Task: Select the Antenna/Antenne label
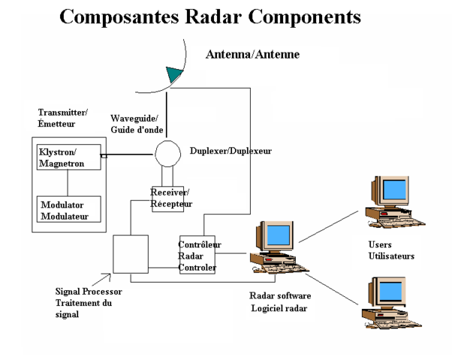pyautogui.click(x=252, y=55)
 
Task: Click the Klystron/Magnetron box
pyautogui.click(x=68, y=157)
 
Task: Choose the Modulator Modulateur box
pyautogui.click(x=68, y=210)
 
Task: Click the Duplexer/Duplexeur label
pyautogui.click(x=231, y=151)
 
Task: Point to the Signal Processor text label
pyautogui.click(x=83, y=303)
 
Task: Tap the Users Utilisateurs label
pyautogui.click(x=391, y=250)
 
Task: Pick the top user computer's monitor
pyautogui.click(x=392, y=191)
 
